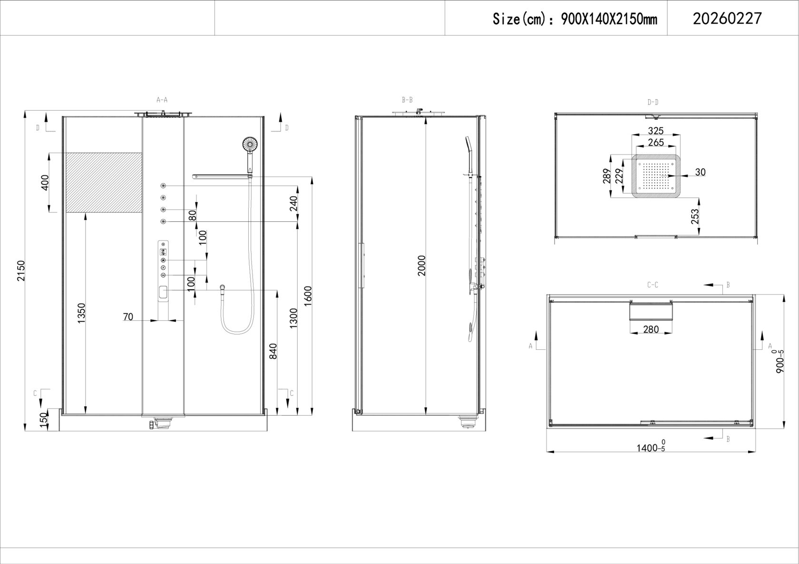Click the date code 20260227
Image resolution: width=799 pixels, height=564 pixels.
pyautogui.click(x=727, y=18)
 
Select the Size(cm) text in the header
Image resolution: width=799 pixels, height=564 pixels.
pyautogui.click(x=518, y=19)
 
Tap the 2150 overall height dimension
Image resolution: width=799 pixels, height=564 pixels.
pyautogui.click(x=21, y=271)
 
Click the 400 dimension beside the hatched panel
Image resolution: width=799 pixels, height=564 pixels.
pyautogui.click(x=45, y=182)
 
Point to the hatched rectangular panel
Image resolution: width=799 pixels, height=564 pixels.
pyautogui.click(x=104, y=182)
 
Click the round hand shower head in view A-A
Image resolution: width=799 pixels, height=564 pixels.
pyautogui.click(x=250, y=144)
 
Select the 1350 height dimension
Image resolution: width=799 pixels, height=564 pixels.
pyautogui.click(x=82, y=313)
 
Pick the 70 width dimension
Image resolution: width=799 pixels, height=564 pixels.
pyautogui.click(x=127, y=317)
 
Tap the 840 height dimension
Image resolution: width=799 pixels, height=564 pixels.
pyautogui.click(x=273, y=351)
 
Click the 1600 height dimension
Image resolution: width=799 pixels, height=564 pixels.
pyautogui.click(x=308, y=296)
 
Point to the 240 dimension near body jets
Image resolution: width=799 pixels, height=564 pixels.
pyautogui.click(x=293, y=203)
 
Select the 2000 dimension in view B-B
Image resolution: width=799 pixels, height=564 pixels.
pyautogui.click(x=422, y=266)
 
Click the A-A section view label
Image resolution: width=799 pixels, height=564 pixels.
pyautogui.click(x=162, y=100)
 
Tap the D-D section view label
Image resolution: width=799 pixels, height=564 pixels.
pyautogui.click(x=653, y=103)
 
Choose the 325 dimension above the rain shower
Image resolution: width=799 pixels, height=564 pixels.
pyautogui.click(x=655, y=130)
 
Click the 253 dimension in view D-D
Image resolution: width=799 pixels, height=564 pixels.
pyautogui.click(x=695, y=216)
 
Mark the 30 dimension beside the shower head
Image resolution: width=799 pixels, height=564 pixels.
pyautogui.click(x=700, y=172)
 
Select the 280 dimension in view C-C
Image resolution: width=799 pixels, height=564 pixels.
pyautogui.click(x=651, y=329)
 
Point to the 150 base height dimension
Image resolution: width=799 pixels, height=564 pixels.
pyautogui.click(x=44, y=420)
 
